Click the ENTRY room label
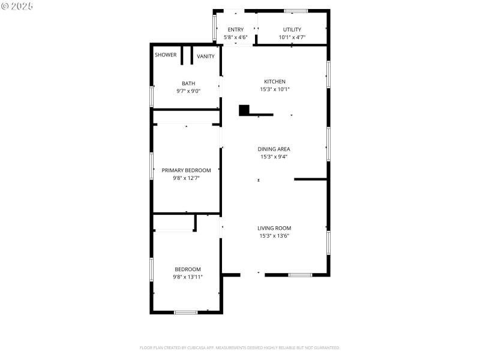coord(235,29)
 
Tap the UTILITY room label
coord(292,29)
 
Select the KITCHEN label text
coord(275,82)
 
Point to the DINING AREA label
coord(274,149)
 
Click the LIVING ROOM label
coord(274,228)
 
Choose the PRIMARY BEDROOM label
coord(186,170)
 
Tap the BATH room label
coord(188,83)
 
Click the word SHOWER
coord(166,55)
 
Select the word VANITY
coord(206,56)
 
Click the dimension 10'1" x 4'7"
coord(292,37)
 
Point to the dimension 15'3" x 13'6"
coord(274,236)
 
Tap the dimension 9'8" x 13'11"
coord(188,277)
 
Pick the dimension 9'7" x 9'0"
coord(188,91)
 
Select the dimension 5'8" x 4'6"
coord(235,37)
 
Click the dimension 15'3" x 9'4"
coord(274,157)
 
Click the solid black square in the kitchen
coord(244,110)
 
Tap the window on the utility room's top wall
coord(296,11)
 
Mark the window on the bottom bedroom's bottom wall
coord(185,312)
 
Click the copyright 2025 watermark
coord(17,5)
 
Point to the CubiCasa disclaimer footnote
coord(240,347)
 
